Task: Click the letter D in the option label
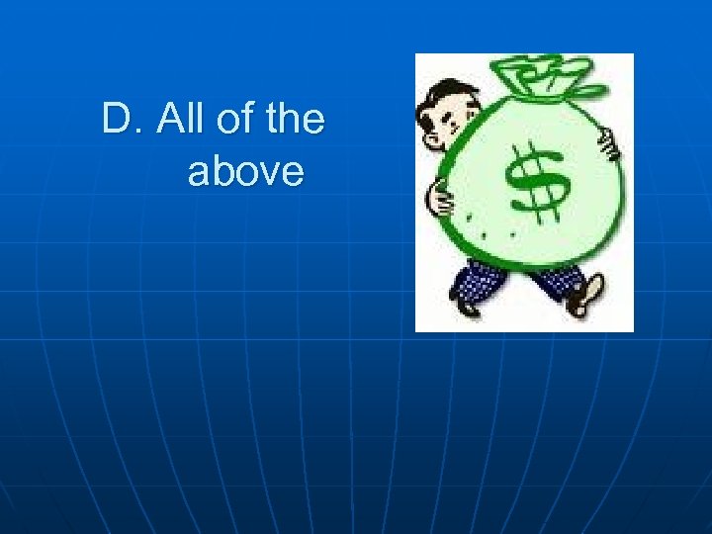116,121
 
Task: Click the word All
181,121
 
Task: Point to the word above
245,172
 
